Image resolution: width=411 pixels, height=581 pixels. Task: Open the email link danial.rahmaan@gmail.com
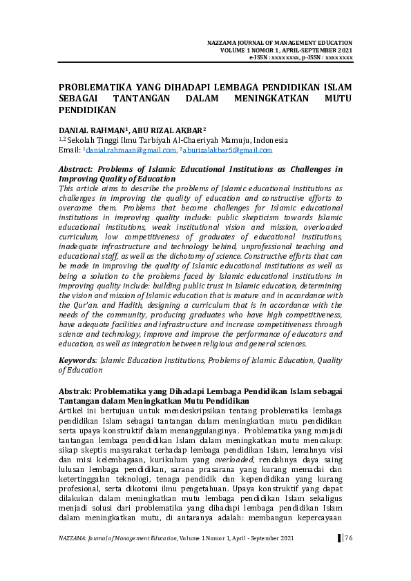coord(131,150)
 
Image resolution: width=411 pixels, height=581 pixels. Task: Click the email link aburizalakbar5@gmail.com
coord(228,150)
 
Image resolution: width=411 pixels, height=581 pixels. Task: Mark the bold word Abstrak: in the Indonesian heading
coord(75,392)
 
